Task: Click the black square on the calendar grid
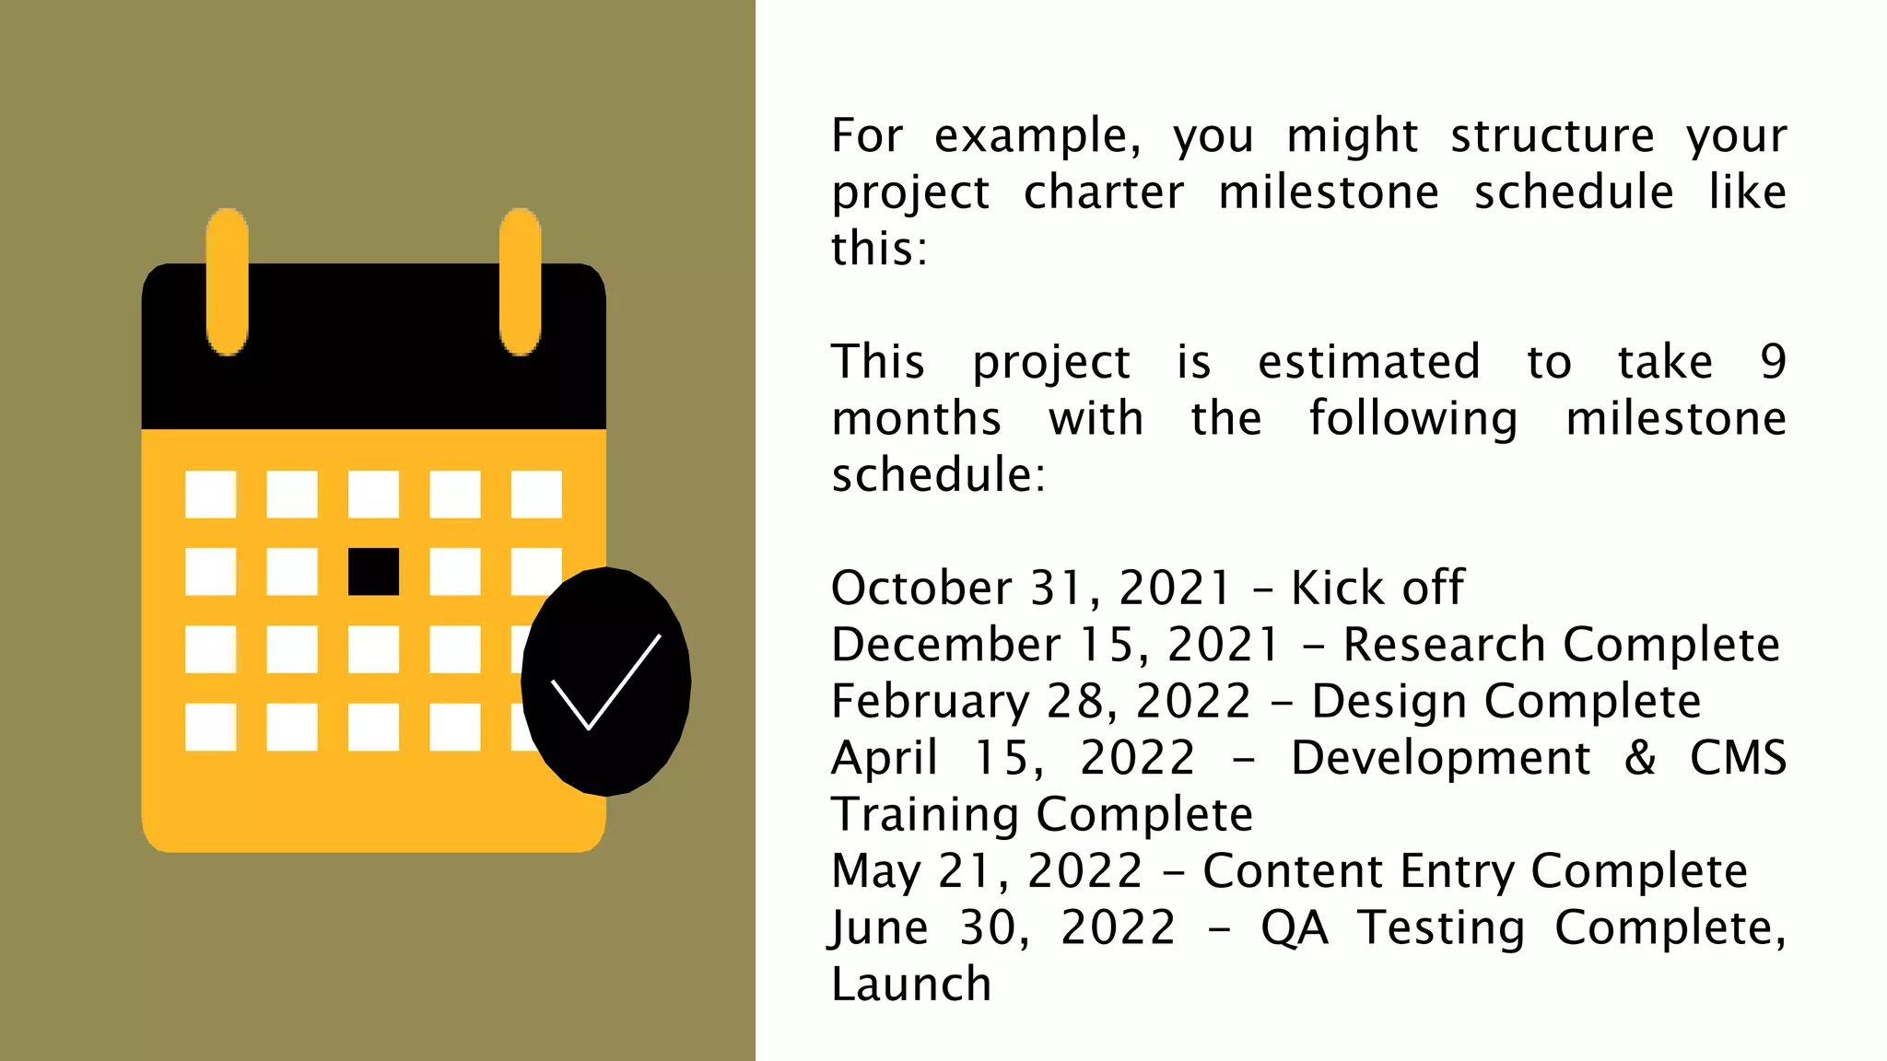373,571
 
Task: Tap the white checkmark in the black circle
605,682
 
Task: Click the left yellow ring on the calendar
227,282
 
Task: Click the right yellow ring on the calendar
520,282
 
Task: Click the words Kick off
1377,588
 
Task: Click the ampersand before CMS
1640,758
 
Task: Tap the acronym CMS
1738,758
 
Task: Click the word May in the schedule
875,871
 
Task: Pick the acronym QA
1295,927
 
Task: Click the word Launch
911,984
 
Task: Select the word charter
1104,192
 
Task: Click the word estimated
1369,361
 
